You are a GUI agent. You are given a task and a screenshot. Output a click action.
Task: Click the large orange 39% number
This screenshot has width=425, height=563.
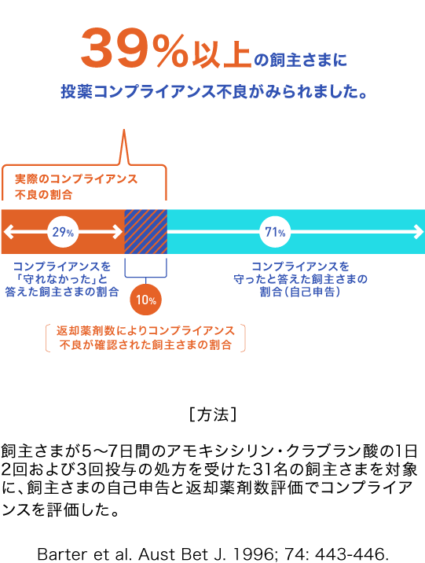click(x=134, y=48)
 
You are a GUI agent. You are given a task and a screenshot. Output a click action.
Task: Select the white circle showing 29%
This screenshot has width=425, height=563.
click(x=63, y=232)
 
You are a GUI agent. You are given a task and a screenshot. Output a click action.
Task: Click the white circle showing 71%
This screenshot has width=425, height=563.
click(x=275, y=232)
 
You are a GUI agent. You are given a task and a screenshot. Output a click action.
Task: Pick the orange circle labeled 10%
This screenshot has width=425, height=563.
click(x=145, y=300)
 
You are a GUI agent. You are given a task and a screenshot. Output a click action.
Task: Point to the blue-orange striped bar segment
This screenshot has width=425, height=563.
click(x=145, y=232)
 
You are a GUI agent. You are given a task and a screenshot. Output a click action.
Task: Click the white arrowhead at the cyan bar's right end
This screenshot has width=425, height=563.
click(x=419, y=232)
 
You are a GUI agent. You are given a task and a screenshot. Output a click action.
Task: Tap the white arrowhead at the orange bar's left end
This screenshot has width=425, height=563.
click(x=9, y=232)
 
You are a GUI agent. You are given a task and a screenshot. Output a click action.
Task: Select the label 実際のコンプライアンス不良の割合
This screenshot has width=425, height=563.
click(x=76, y=186)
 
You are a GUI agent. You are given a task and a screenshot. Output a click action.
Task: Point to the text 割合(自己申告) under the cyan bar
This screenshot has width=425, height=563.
click(x=300, y=292)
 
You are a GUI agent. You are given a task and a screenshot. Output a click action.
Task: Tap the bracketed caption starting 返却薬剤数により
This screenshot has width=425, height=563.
click(x=145, y=338)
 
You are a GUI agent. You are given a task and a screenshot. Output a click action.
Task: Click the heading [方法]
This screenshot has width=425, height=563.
click(x=213, y=414)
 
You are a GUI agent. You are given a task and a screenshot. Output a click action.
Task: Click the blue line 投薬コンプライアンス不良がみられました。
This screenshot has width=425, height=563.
click(x=214, y=91)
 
